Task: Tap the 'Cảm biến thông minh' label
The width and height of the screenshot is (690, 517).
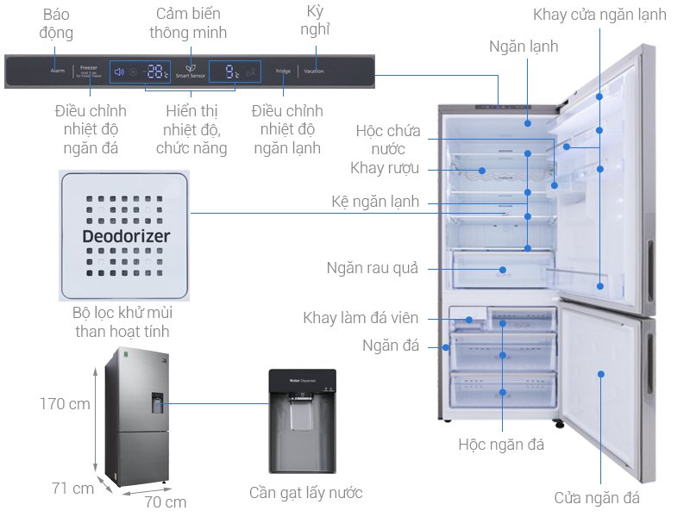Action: [x=188, y=23]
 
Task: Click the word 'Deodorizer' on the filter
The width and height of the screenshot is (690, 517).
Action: [x=126, y=235]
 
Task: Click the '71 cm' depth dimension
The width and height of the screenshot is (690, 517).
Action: [x=72, y=489]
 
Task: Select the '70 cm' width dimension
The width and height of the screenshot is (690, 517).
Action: [x=165, y=501]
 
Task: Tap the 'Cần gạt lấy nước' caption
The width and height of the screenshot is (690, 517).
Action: [x=305, y=493]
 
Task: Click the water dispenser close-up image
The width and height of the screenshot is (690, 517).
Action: [x=302, y=421]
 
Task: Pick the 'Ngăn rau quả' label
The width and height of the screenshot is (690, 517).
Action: [x=372, y=268]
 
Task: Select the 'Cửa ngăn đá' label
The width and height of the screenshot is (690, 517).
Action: [x=597, y=497]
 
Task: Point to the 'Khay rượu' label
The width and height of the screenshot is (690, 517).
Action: [x=385, y=168]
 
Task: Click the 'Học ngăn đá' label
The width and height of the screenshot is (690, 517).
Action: [x=501, y=445]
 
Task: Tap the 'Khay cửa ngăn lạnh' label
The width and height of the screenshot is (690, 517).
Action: [x=599, y=15]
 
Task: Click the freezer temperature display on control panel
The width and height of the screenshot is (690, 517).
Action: [x=156, y=72]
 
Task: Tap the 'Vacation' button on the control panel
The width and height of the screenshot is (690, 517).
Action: [x=314, y=72]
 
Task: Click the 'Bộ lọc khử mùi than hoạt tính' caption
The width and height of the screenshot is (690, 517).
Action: [x=122, y=321]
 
